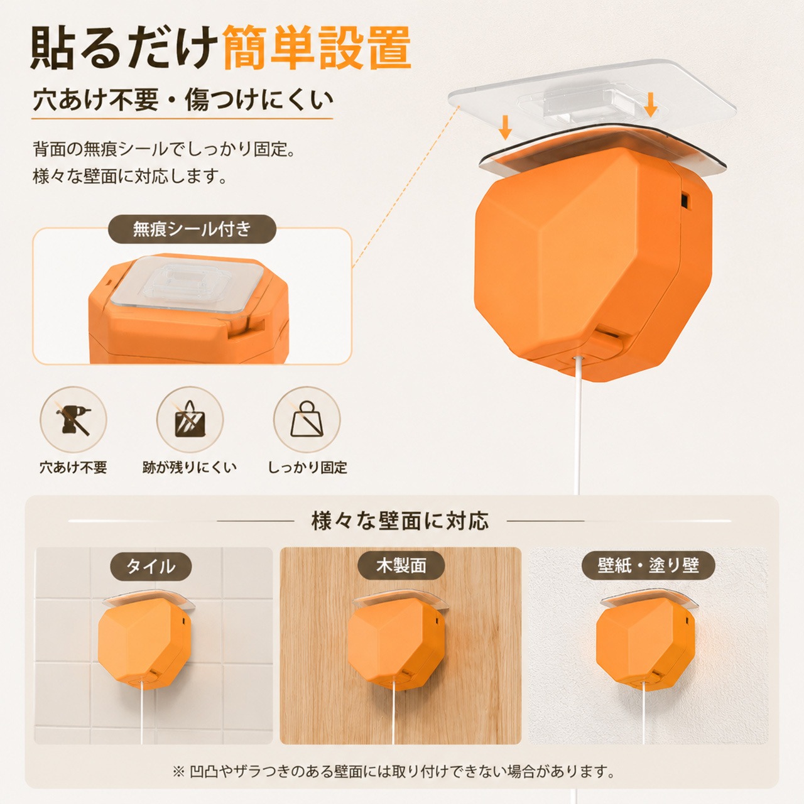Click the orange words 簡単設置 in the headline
pyautogui.click(x=317, y=48)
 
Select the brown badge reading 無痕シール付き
pyautogui.click(x=192, y=229)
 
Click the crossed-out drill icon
pyautogui.click(x=73, y=420)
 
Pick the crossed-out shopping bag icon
pyautogui.click(x=190, y=420)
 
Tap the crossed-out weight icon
pyautogui.click(x=307, y=420)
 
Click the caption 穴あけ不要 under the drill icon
pyautogui.click(x=73, y=467)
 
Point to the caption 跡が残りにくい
pyautogui.click(x=190, y=467)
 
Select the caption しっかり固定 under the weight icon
pyautogui.click(x=308, y=467)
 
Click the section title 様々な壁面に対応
pyautogui.click(x=399, y=521)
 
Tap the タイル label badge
pyautogui.click(x=151, y=567)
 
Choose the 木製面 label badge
pyautogui.click(x=401, y=566)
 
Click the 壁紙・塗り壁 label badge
pyautogui.click(x=648, y=566)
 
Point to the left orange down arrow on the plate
pyautogui.click(x=505, y=128)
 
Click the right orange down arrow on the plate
pyautogui.click(x=650, y=104)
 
